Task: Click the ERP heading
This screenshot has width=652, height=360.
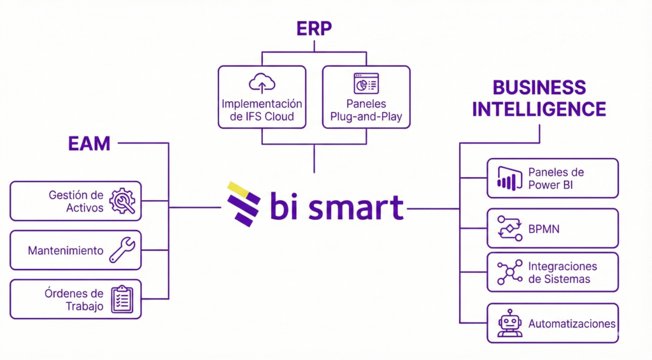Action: pos(315,29)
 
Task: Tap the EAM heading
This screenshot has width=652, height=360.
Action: pos(89,143)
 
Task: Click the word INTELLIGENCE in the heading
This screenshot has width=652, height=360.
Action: pos(539,108)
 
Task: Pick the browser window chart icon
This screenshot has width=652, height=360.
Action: pos(366,83)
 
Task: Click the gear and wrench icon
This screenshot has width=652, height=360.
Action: pos(122,201)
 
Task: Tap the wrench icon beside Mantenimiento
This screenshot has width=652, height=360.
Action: pos(122,250)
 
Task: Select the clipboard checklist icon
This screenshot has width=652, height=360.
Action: pos(122,299)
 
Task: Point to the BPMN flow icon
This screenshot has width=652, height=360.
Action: pos(509,227)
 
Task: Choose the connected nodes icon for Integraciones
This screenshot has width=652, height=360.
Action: pos(509,272)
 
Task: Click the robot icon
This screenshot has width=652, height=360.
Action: pos(509,323)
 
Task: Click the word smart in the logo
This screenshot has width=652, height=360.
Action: pos(357,206)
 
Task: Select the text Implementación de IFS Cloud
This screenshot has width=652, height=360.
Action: pos(262,110)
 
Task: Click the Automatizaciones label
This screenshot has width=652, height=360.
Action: pos(572,324)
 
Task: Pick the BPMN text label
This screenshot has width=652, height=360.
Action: pos(544,228)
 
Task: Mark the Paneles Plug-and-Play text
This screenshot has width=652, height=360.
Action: pos(366,110)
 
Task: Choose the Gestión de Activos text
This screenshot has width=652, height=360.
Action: pos(76,201)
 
